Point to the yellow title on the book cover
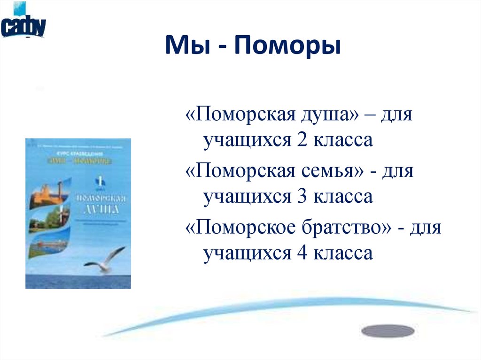pos(83,161)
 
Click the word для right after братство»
pos(426,229)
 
